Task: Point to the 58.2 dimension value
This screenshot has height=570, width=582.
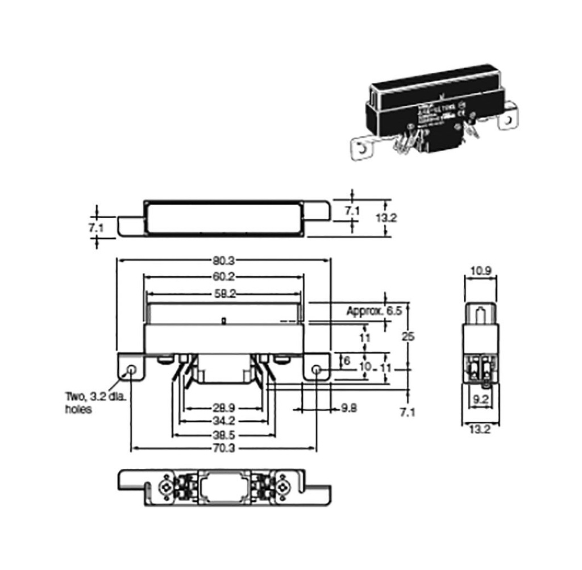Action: (223, 294)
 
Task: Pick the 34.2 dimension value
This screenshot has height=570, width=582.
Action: (223, 422)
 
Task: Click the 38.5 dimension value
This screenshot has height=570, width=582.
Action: (223, 435)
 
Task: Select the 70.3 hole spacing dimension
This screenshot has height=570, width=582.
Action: (223, 449)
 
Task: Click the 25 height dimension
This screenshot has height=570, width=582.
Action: (408, 336)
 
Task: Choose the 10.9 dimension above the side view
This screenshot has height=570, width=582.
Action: (481, 272)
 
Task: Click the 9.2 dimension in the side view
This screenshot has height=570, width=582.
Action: (481, 400)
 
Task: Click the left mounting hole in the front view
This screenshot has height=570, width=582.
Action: (131, 370)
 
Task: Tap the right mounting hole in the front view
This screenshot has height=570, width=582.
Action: (317, 370)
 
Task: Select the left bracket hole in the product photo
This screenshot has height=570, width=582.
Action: (361, 150)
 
